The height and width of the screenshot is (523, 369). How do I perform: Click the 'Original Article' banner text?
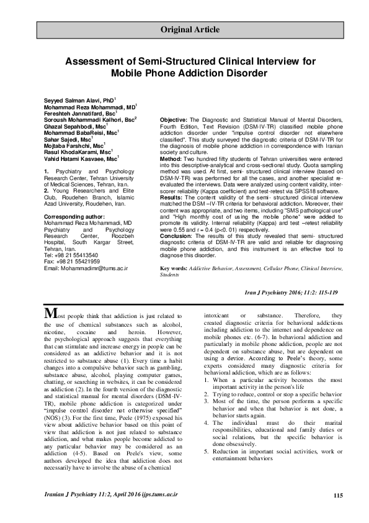coord(190,29)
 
